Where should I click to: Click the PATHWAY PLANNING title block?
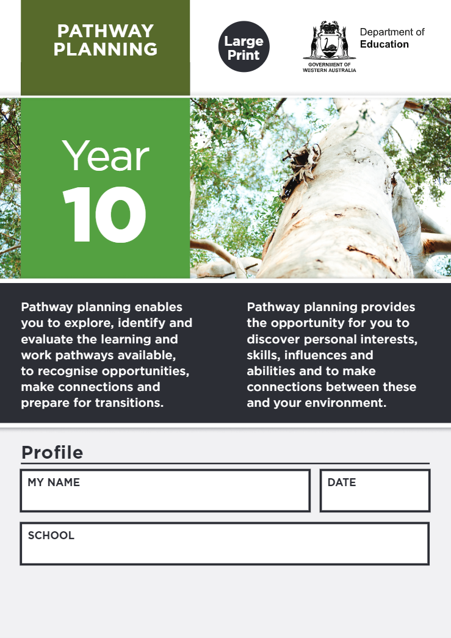[105, 40]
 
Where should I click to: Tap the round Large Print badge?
[244, 47]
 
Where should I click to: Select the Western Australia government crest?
[329, 41]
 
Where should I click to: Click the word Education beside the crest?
[384, 45]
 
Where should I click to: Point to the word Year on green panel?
[105, 156]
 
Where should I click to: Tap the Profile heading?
[52, 453]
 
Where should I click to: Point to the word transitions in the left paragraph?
[129, 403]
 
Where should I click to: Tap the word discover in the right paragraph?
[268, 339]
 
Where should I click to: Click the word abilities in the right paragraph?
[268, 371]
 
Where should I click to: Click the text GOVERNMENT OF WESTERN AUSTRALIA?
[329, 67]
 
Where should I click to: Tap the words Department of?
[392, 32]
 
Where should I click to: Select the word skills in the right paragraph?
[261, 355]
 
